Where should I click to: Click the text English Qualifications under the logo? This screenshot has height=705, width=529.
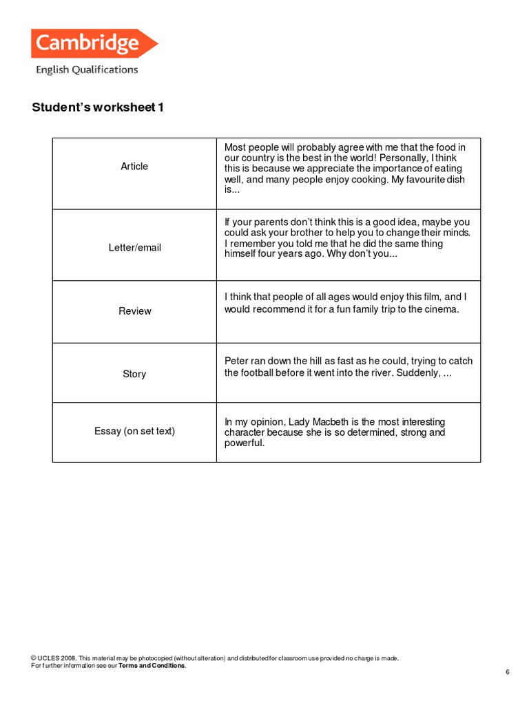click(x=87, y=70)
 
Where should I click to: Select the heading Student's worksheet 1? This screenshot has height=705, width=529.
click(x=98, y=108)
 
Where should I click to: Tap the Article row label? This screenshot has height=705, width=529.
click(x=134, y=167)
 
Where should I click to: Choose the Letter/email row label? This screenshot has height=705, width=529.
click(x=134, y=248)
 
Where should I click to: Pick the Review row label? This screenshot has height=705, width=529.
click(x=134, y=311)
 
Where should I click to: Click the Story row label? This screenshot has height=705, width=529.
click(x=134, y=374)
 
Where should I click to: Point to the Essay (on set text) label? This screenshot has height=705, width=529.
click(x=134, y=431)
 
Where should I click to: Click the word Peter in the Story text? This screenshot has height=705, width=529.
click(x=238, y=361)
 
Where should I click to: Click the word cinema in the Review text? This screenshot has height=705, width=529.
click(x=441, y=309)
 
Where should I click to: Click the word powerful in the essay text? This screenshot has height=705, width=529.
click(x=243, y=443)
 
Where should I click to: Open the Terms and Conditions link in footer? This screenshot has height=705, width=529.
click(x=152, y=666)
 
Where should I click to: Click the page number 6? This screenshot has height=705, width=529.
click(x=507, y=672)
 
